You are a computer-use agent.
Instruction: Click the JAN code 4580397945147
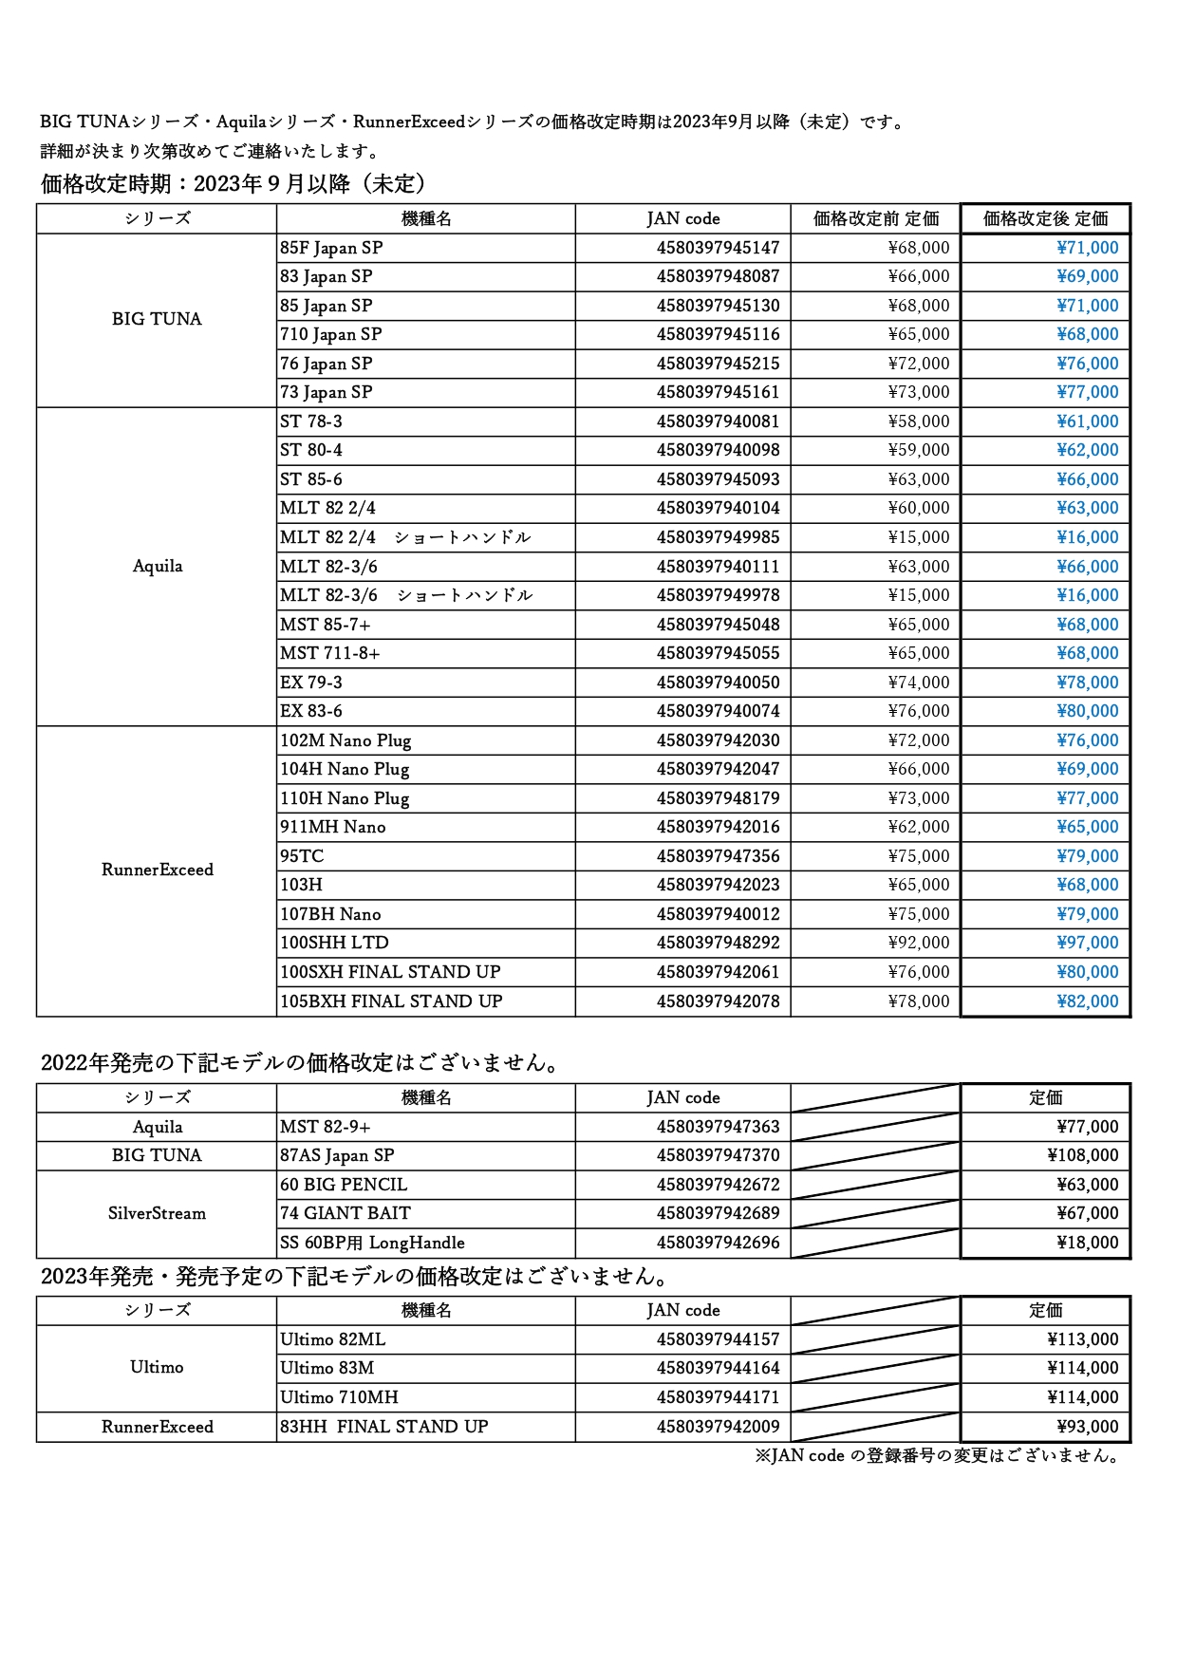click(718, 248)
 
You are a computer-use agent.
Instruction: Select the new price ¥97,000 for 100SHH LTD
click(1087, 943)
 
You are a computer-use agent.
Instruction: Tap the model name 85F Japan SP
click(331, 248)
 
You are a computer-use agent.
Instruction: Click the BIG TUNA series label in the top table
click(157, 319)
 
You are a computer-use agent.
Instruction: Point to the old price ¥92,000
click(918, 943)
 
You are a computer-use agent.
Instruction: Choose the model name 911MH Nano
click(332, 827)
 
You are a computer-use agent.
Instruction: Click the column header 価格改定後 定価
click(1045, 218)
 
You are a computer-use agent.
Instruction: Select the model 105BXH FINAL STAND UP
click(391, 1001)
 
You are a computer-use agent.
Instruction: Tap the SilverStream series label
click(157, 1213)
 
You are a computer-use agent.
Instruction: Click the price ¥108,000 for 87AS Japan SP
click(1082, 1155)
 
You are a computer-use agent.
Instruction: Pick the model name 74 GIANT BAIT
click(346, 1213)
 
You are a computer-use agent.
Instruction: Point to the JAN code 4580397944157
click(718, 1339)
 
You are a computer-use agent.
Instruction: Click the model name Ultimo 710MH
click(339, 1397)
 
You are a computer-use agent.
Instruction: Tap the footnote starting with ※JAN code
click(937, 1456)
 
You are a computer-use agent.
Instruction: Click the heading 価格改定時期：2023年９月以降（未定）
click(234, 183)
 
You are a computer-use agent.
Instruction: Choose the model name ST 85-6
click(311, 479)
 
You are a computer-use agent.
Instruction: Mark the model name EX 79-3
click(311, 683)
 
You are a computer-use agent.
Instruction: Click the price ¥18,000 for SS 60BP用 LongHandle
click(1087, 1243)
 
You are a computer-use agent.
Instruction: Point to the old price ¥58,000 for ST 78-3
click(918, 421)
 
